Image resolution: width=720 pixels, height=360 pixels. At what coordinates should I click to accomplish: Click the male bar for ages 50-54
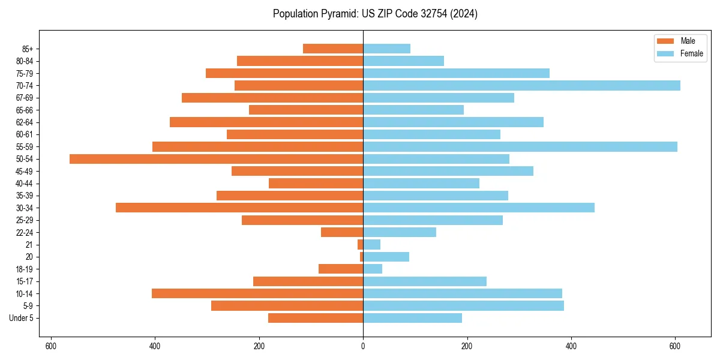[216, 159]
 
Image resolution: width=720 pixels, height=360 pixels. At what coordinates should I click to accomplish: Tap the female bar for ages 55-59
[520, 147]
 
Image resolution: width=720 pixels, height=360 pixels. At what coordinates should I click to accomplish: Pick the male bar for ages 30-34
[239, 208]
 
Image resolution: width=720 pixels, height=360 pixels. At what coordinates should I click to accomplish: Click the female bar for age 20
[386, 257]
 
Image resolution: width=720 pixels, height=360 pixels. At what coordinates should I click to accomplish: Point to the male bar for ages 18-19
[341, 269]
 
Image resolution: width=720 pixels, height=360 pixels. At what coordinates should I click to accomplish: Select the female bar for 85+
[386, 49]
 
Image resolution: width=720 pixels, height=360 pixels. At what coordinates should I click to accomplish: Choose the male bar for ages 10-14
[257, 293]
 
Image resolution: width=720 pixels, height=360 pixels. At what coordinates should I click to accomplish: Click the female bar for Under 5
[412, 318]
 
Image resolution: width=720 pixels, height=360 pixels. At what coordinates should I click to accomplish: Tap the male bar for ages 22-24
[342, 232]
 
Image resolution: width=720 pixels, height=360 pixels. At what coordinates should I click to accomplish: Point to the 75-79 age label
[25, 73]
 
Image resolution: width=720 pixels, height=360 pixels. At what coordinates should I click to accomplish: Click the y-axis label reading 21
[29, 245]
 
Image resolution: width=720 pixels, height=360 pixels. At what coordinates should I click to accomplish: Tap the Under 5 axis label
[22, 318]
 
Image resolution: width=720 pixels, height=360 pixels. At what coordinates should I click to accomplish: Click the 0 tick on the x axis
[363, 346]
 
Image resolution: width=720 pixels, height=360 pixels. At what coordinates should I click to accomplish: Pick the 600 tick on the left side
[51, 346]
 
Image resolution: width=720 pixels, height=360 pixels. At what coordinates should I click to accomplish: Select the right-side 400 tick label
[571, 346]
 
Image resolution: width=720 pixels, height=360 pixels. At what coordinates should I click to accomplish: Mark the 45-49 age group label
[25, 171]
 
